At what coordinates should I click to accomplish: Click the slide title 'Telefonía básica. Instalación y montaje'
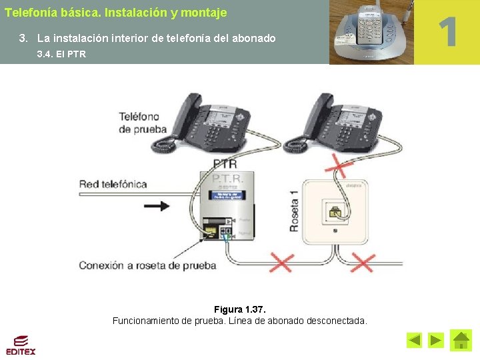(115, 13)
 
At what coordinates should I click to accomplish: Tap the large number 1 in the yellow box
(447, 31)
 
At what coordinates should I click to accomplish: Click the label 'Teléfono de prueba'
(143, 123)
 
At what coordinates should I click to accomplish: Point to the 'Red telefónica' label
(113, 184)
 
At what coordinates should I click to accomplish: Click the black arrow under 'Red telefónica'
(156, 206)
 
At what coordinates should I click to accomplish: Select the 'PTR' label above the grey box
(225, 163)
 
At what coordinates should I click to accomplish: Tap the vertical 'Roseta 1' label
(294, 211)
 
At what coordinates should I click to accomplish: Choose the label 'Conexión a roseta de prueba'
(147, 265)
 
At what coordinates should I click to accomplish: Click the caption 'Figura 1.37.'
(239, 309)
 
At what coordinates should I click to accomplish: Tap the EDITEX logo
(21, 345)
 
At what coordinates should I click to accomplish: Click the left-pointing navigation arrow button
(414, 341)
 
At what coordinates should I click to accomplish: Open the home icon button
(461, 340)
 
